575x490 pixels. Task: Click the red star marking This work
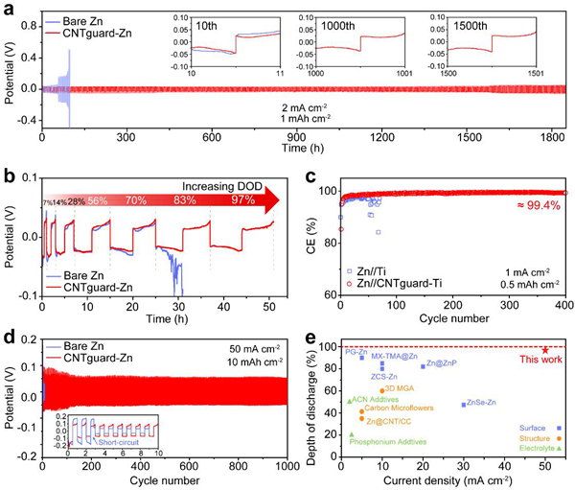[x=545, y=351]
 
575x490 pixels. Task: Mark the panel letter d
[x=9, y=336]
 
